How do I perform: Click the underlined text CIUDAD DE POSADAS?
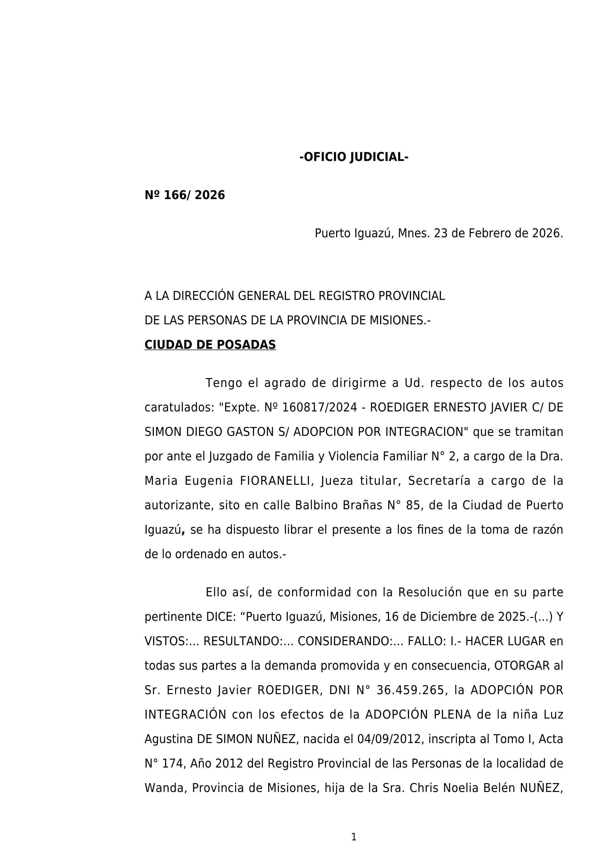pyautogui.click(x=210, y=345)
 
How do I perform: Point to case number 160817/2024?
pyautogui.click(x=320, y=407)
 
